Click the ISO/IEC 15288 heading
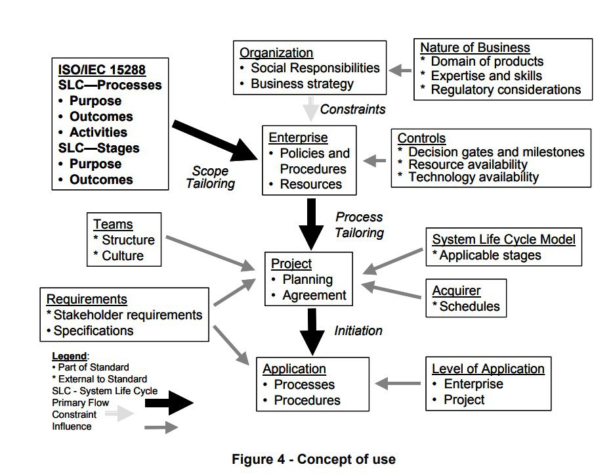102,70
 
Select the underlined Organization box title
276,53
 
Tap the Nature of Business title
474,47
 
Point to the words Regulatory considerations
505,90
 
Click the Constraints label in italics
352,109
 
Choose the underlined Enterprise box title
298,138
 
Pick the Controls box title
421,139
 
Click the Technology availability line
473,177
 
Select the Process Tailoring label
359,224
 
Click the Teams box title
112,225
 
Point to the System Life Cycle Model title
503,239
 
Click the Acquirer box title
456,290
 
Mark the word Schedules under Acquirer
469,306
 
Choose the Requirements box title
87,300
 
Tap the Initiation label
358,330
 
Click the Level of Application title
488,369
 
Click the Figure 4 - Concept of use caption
314,459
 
